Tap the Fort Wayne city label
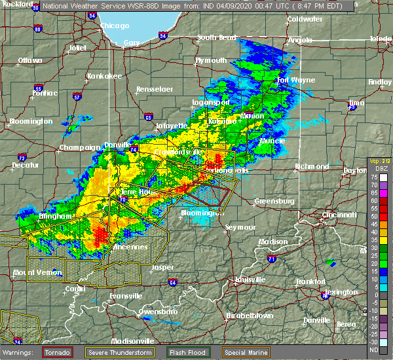click(292, 81)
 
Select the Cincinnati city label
click(339, 215)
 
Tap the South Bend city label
click(216, 37)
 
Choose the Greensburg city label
click(274, 201)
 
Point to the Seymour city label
click(239, 226)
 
